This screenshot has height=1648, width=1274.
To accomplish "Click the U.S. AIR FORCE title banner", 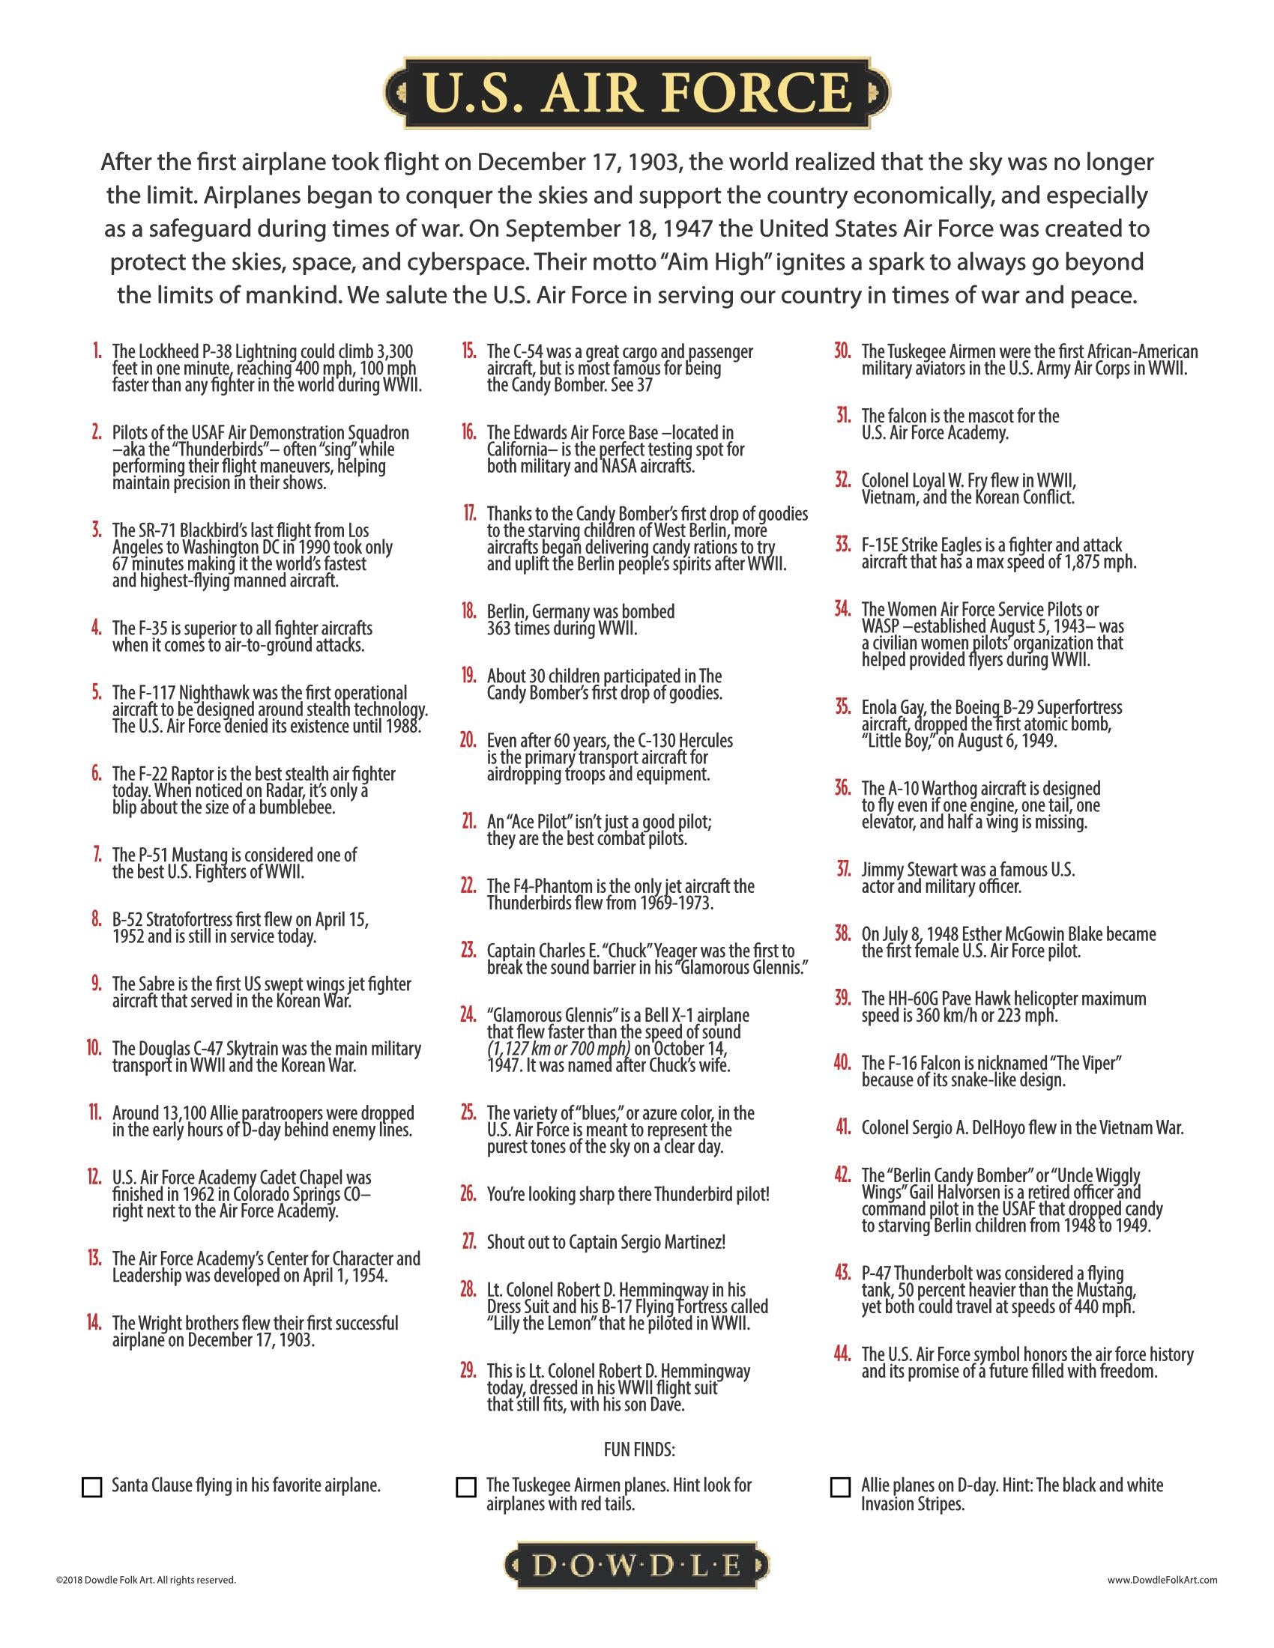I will pyautogui.click(x=636, y=93).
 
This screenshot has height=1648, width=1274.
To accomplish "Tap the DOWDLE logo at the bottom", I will pyautogui.click(x=636, y=1566).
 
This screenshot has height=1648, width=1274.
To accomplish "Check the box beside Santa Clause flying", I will pyautogui.click(x=91, y=1487).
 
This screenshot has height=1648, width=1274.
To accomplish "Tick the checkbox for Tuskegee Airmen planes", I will pyautogui.click(x=466, y=1487).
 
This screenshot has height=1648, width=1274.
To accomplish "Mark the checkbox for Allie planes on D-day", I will pyautogui.click(x=840, y=1487).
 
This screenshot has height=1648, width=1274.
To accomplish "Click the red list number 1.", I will pyautogui.click(x=97, y=351).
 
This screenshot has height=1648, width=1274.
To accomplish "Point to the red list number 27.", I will pyautogui.click(x=468, y=1241).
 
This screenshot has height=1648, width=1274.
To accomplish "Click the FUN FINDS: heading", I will pyautogui.click(x=638, y=1449).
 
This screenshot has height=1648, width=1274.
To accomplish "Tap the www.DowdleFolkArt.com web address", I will pyautogui.click(x=1162, y=1578).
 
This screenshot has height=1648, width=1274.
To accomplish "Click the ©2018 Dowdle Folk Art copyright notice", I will pyautogui.click(x=145, y=1578).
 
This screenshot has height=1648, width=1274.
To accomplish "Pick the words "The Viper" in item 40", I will pyautogui.click(x=1077, y=1063).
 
